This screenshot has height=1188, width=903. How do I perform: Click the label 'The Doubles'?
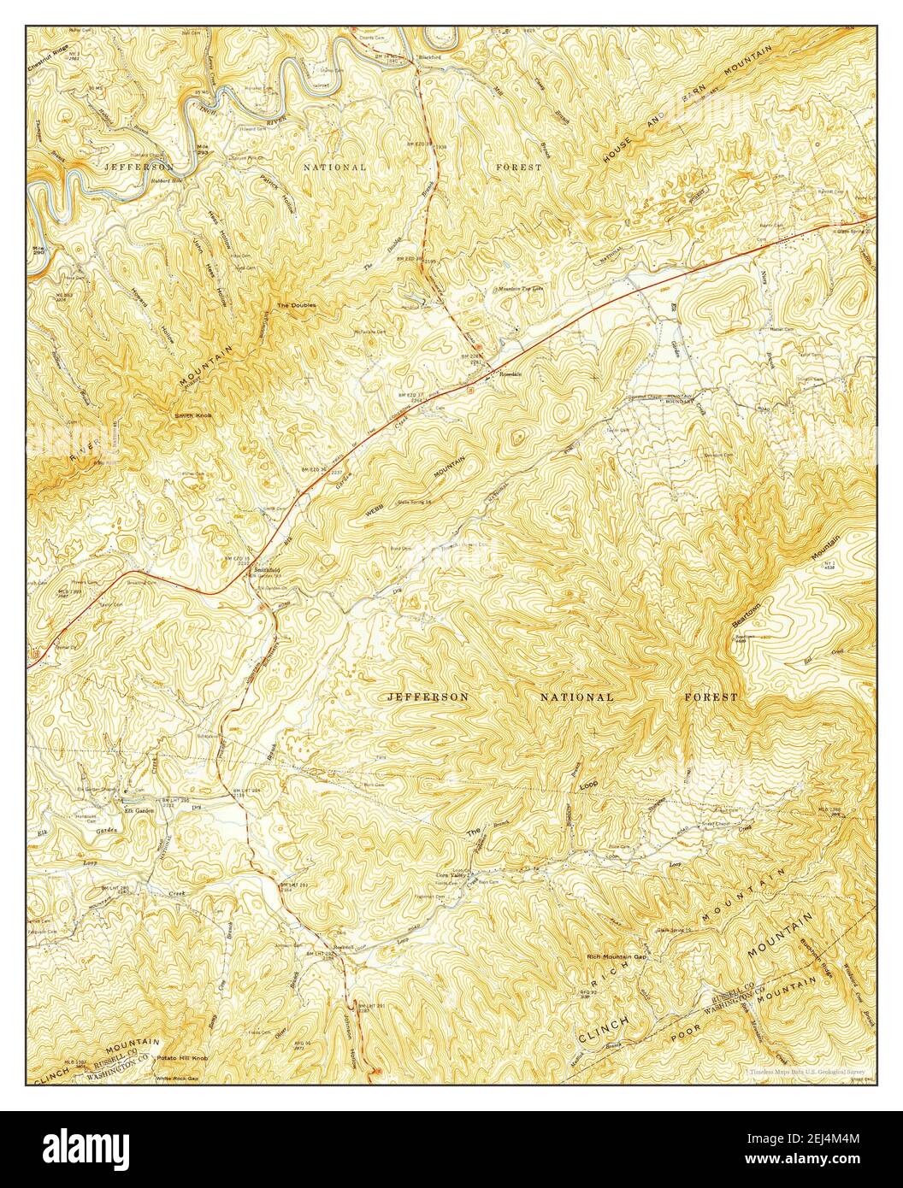click(x=295, y=305)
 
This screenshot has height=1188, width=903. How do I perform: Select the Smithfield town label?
click(x=264, y=569)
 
